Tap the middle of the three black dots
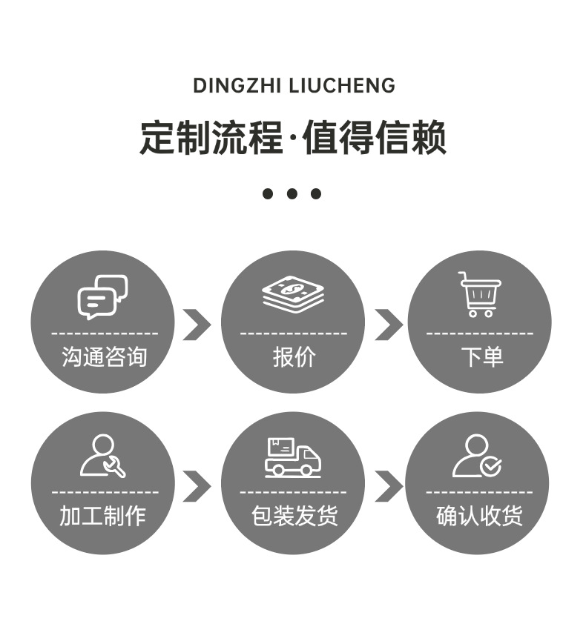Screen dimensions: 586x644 point(292,194)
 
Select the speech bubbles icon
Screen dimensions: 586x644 point(102,296)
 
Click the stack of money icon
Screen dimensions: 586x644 point(293,295)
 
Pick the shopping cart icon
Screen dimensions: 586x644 point(479,294)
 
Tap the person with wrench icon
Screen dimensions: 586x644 point(102,456)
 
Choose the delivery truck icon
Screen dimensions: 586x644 point(293,457)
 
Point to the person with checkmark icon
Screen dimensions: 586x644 point(477,456)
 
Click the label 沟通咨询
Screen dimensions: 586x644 point(104,357)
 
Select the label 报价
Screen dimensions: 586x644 point(294,357)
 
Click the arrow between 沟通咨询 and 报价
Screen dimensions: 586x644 point(197,325)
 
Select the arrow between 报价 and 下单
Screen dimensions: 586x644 point(388,325)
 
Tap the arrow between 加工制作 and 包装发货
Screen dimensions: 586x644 point(197,486)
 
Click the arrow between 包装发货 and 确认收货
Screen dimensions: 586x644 point(388,486)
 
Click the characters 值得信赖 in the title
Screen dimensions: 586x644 point(375,138)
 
